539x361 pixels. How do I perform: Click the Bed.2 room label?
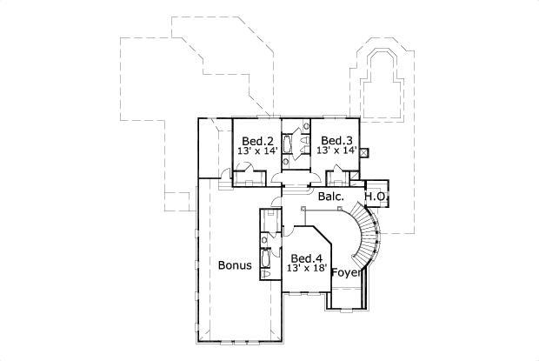pos(258,141)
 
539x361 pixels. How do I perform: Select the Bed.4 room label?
pos(307,258)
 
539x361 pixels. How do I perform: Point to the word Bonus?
pos(235,265)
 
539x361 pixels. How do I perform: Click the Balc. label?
pos(330,197)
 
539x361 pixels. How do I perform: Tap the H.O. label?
pos(376,197)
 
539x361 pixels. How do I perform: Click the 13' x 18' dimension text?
pos(307,269)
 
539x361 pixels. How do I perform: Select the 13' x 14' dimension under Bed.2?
pos(258,150)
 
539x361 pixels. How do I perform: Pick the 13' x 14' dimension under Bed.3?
pos(335,150)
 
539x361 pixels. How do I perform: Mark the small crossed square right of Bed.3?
pos(363,151)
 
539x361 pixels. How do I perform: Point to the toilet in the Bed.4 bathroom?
pos(264,236)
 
